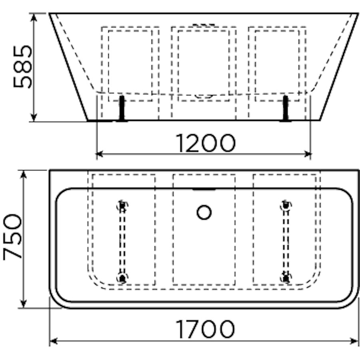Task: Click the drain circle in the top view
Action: click(204, 212)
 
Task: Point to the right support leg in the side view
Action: click(286, 108)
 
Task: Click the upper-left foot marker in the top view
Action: click(122, 206)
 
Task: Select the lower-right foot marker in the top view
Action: click(286, 277)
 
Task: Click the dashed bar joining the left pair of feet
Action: click(122, 242)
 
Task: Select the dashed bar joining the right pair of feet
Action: click(286, 242)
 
